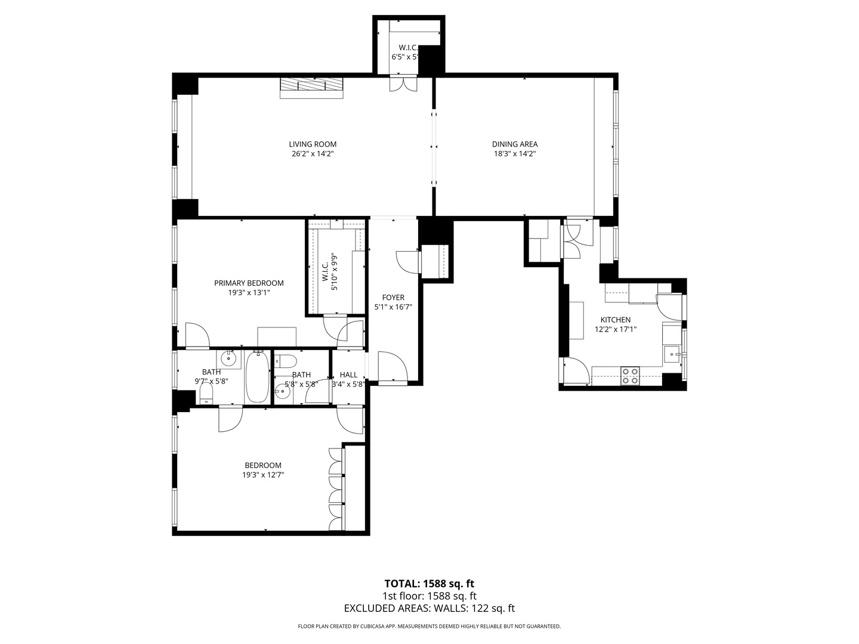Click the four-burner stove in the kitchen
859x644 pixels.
tap(630, 376)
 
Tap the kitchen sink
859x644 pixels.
tap(673, 354)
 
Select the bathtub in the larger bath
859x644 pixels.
tap(258, 378)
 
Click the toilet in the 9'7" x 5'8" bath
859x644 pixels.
tap(206, 393)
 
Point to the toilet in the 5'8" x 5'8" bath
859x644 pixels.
tap(287, 361)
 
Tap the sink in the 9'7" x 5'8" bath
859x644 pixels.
tap(228, 359)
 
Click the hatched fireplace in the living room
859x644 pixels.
tap(311, 87)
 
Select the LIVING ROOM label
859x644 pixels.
tap(313, 144)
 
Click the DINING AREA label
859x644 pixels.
tap(514, 144)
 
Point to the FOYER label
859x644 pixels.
tap(393, 298)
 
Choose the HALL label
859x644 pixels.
tap(348, 375)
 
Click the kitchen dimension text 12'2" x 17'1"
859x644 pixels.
tap(616, 329)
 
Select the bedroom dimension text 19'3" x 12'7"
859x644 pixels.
tap(262, 475)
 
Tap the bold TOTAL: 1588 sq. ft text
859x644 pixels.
tap(429, 583)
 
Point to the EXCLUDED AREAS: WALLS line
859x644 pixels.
tap(429, 608)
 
